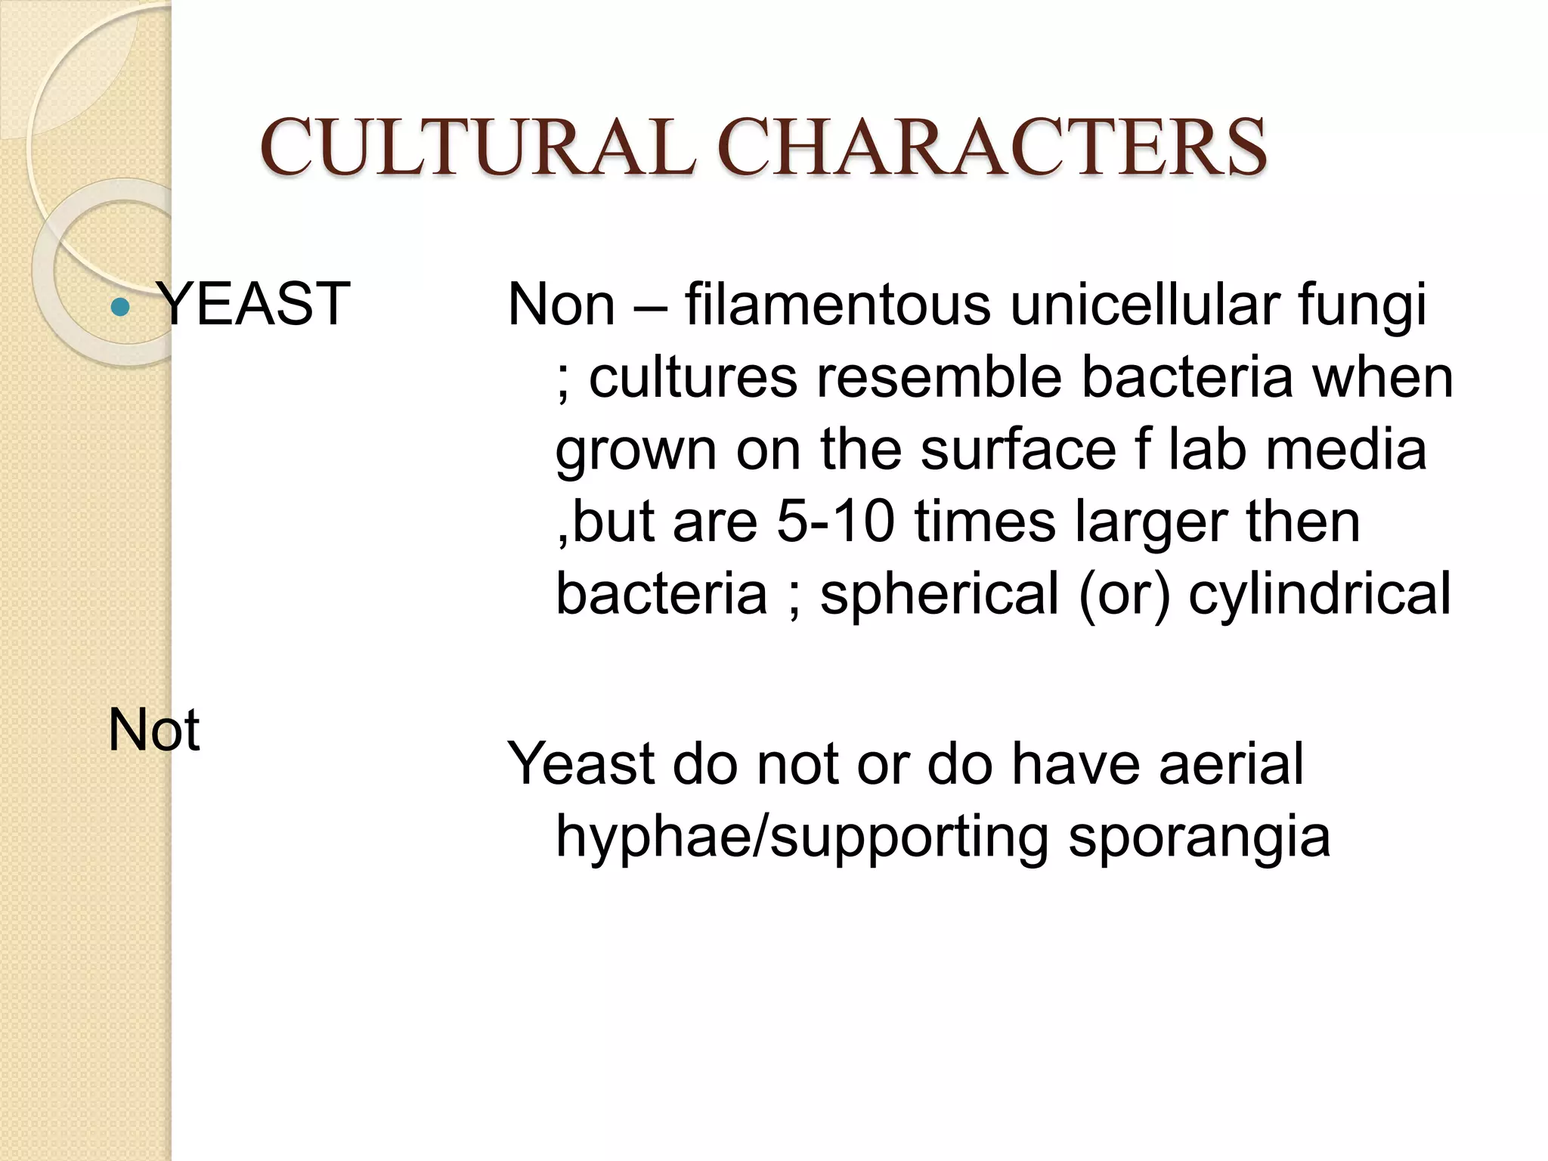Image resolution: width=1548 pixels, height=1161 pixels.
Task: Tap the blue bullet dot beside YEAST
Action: pos(120,307)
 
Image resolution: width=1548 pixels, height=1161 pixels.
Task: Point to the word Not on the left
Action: pos(154,730)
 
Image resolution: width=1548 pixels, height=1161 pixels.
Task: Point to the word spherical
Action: pos(940,595)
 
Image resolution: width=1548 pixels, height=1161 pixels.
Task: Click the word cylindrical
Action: pos(1320,595)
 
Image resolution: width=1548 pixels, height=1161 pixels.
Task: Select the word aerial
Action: pos(1231,763)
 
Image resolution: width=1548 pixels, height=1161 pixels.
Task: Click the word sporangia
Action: pos(1200,837)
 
